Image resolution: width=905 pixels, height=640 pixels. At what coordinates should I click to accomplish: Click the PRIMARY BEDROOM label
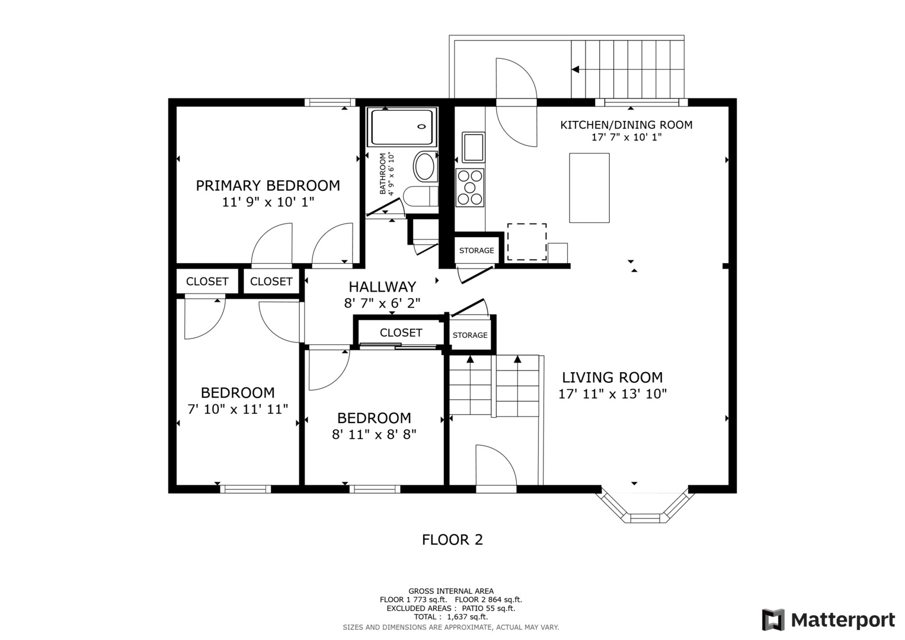pos(268,185)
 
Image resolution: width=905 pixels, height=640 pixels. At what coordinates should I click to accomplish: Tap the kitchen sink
pos(473,147)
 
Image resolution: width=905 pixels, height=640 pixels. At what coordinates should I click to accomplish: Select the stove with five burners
pos(470,187)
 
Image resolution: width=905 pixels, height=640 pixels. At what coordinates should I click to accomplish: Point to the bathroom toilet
pos(421,196)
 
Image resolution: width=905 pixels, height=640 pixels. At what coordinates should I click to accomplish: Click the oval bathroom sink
pos(424,166)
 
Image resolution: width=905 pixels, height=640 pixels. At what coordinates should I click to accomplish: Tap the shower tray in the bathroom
pos(402,127)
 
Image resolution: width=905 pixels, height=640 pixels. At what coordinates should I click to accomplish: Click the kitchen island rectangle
pos(589,187)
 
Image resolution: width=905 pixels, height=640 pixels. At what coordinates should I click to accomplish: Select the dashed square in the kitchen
pos(527,242)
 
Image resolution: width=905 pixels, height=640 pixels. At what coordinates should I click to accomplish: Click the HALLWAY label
pos(382,286)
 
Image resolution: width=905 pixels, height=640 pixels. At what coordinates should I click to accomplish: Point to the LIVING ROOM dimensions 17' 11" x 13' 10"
pos(612,393)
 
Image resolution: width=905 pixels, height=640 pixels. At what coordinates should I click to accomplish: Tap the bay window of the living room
pos(645,507)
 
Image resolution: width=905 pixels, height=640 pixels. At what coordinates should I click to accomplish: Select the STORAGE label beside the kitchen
pos(477,251)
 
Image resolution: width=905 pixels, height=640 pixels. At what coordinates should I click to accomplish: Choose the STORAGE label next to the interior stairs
pos(470,335)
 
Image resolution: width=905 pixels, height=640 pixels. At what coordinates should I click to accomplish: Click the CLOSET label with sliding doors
pos(401,332)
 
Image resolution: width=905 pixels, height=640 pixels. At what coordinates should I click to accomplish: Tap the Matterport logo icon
pos(773,619)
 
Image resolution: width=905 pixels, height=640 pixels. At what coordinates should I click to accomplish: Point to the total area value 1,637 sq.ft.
pos(467,617)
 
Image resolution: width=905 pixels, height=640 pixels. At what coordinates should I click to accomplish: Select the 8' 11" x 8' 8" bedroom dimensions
pos(374,434)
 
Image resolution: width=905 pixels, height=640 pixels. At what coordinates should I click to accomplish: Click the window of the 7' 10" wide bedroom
pos(245,489)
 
